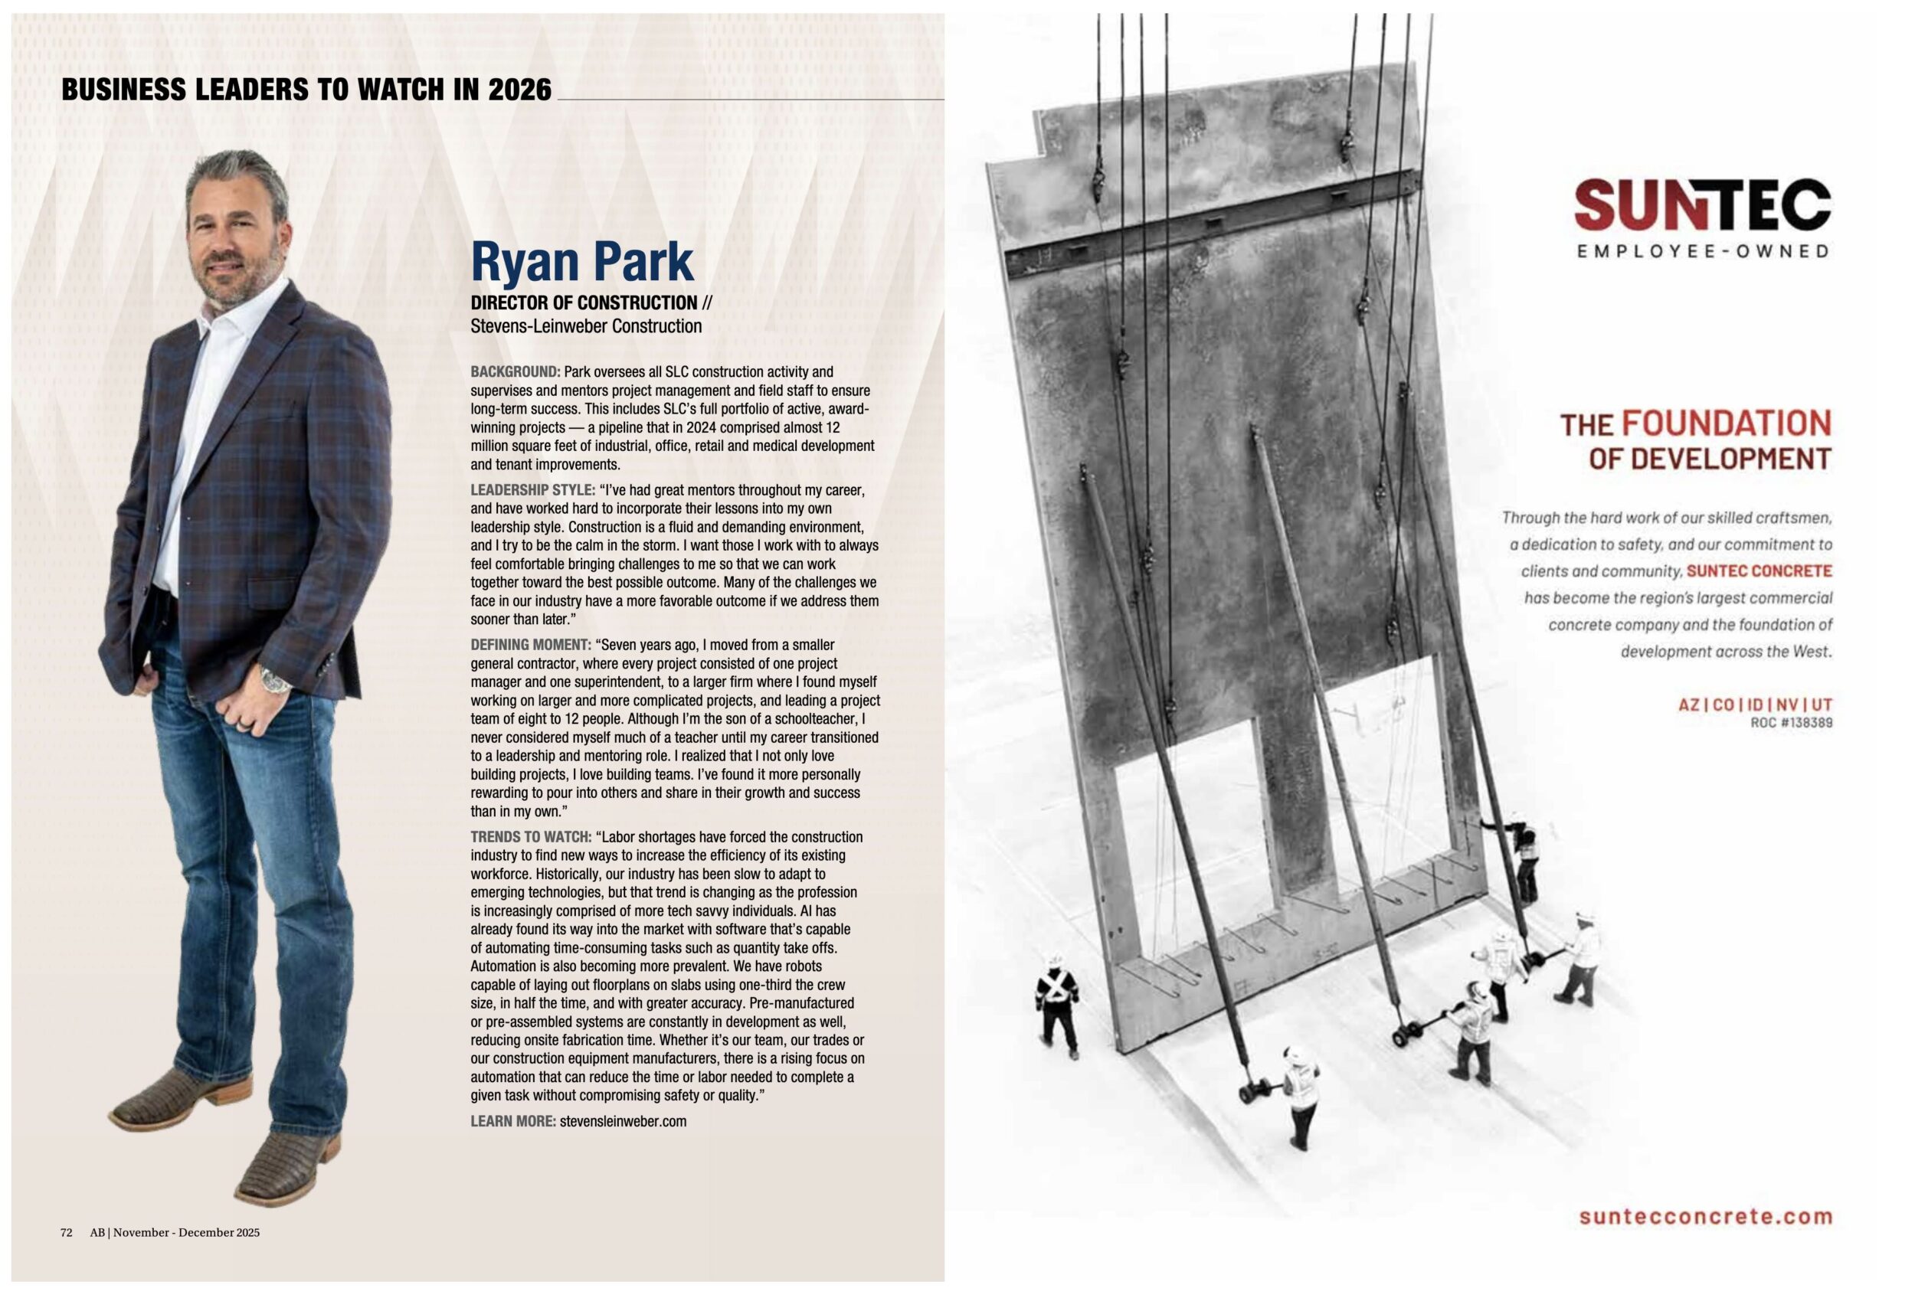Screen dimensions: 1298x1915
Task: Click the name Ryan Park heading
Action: click(x=581, y=261)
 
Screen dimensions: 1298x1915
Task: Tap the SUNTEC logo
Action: click(x=1702, y=206)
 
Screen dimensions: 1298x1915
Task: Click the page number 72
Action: click(x=67, y=1232)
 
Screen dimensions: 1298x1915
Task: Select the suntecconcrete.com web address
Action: click(x=1706, y=1217)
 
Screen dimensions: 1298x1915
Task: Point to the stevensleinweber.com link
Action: click(x=622, y=1121)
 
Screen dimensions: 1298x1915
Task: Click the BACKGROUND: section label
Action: click(x=515, y=372)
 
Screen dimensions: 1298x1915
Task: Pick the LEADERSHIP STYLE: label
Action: click(x=532, y=491)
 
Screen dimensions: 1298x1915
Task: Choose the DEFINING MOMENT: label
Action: click(x=531, y=645)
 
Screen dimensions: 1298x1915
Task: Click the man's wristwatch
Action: click(x=274, y=678)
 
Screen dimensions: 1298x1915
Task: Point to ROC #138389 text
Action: click(x=1792, y=723)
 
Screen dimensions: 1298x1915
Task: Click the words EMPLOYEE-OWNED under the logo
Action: click(x=1702, y=251)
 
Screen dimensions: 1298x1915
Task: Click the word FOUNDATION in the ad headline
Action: click(x=1727, y=423)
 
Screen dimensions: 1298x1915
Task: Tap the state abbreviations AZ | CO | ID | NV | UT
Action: click(x=1755, y=705)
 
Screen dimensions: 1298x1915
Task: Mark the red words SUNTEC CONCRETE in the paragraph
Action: click(x=1760, y=571)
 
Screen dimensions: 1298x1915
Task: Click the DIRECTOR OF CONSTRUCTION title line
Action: click(x=584, y=303)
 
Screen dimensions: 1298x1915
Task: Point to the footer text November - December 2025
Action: click(x=186, y=1232)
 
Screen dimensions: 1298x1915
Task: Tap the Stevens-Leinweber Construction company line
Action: click(x=586, y=326)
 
